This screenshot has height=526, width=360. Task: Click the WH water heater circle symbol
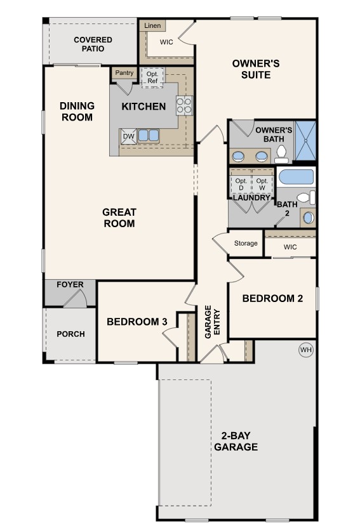pyautogui.click(x=306, y=350)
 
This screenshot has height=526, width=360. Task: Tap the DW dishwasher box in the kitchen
pyautogui.click(x=128, y=136)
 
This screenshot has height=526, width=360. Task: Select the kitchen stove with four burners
pyautogui.click(x=184, y=105)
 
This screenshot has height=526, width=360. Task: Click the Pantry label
pyautogui.click(x=124, y=73)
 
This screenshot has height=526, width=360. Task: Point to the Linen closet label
pyautogui.click(x=152, y=26)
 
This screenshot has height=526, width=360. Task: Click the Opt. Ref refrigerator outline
pyautogui.click(x=152, y=77)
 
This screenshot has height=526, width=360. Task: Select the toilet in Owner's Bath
pyautogui.click(x=281, y=152)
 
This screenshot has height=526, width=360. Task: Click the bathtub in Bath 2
pyautogui.click(x=297, y=177)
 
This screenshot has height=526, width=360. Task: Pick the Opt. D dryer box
pyautogui.click(x=241, y=183)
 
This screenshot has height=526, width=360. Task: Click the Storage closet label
pyautogui.click(x=246, y=243)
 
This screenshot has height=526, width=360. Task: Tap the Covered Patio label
pyautogui.click(x=93, y=44)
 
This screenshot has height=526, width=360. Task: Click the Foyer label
pyautogui.click(x=70, y=285)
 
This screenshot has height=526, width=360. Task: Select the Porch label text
pyautogui.click(x=70, y=334)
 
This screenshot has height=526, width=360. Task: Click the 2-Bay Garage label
pyautogui.click(x=235, y=442)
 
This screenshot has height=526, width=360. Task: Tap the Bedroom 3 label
pyautogui.click(x=137, y=322)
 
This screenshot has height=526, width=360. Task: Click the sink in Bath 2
pyautogui.click(x=309, y=218)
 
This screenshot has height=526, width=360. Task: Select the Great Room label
pyautogui.click(x=119, y=218)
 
